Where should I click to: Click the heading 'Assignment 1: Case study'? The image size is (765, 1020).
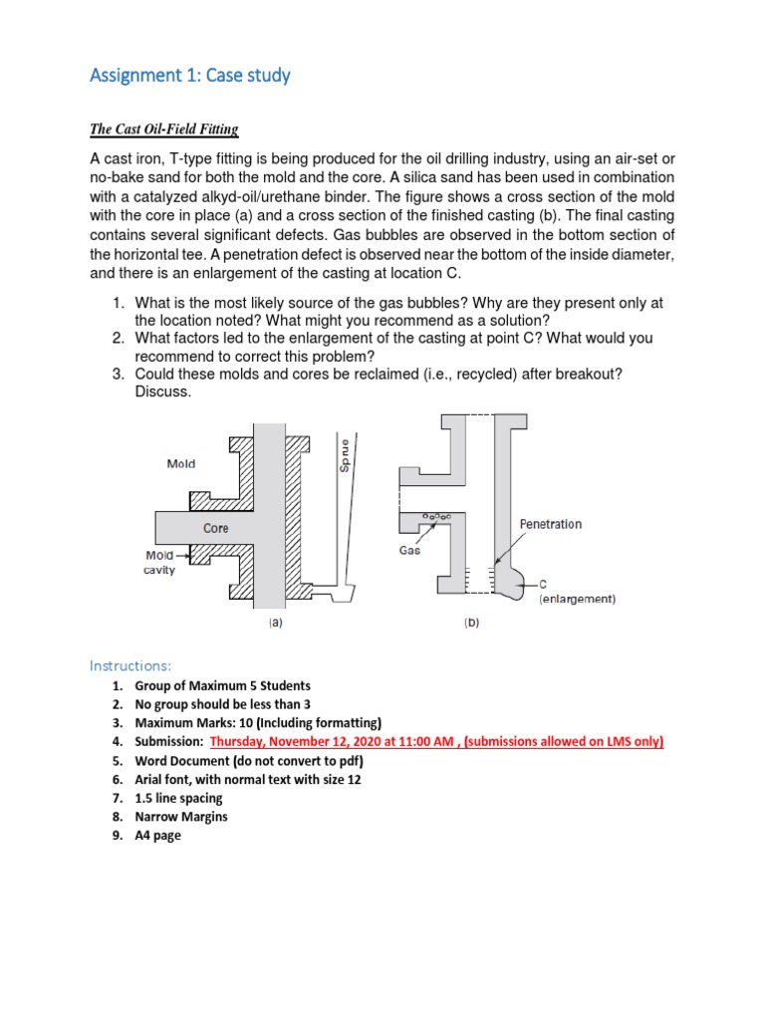190,75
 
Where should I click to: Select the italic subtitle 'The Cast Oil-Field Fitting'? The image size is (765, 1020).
164,129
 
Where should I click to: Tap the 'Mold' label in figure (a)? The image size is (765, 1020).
181,463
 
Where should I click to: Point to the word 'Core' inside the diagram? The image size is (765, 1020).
216,528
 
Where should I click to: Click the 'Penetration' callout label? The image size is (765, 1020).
551,524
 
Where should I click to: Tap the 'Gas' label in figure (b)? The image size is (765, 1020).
410,549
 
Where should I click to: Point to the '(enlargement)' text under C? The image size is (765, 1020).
577,600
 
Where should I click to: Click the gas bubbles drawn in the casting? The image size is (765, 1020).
436,516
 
